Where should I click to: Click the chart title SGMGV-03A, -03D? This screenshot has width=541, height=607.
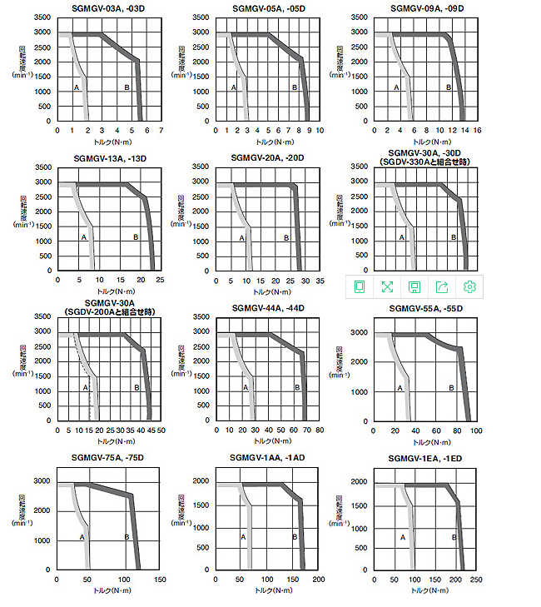pyautogui.click(x=108, y=9)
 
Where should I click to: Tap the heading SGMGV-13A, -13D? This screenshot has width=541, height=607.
pyautogui.click(x=108, y=157)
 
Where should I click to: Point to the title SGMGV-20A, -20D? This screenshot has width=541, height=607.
pyautogui.click(x=265, y=157)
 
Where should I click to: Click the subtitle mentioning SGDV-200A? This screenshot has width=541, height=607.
pyautogui.click(x=110, y=311)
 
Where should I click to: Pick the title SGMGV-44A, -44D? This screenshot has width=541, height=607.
pyautogui.click(x=266, y=308)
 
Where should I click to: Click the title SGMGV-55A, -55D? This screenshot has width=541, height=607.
pyautogui.click(x=425, y=308)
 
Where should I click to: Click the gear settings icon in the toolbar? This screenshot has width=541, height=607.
pyautogui.click(x=469, y=286)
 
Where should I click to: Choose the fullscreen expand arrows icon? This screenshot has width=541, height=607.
pyautogui.click(x=387, y=286)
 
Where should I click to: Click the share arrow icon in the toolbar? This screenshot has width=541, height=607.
pyautogui.click(x=442, y=286)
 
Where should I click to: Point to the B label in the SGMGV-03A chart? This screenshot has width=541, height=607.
pyautogui.click(x=127, y=87)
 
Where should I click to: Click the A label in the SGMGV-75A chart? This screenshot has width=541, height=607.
pyautogui.click(x=82, y=537)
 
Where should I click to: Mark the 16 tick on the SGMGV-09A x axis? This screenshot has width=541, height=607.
pyautogui.click(x=477, y=130)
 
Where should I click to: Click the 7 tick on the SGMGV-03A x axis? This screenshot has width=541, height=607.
pyautogui.click(x=161, y=130)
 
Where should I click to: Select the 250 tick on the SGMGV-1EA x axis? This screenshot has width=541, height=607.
pyautogui.click(x=476, y=579)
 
